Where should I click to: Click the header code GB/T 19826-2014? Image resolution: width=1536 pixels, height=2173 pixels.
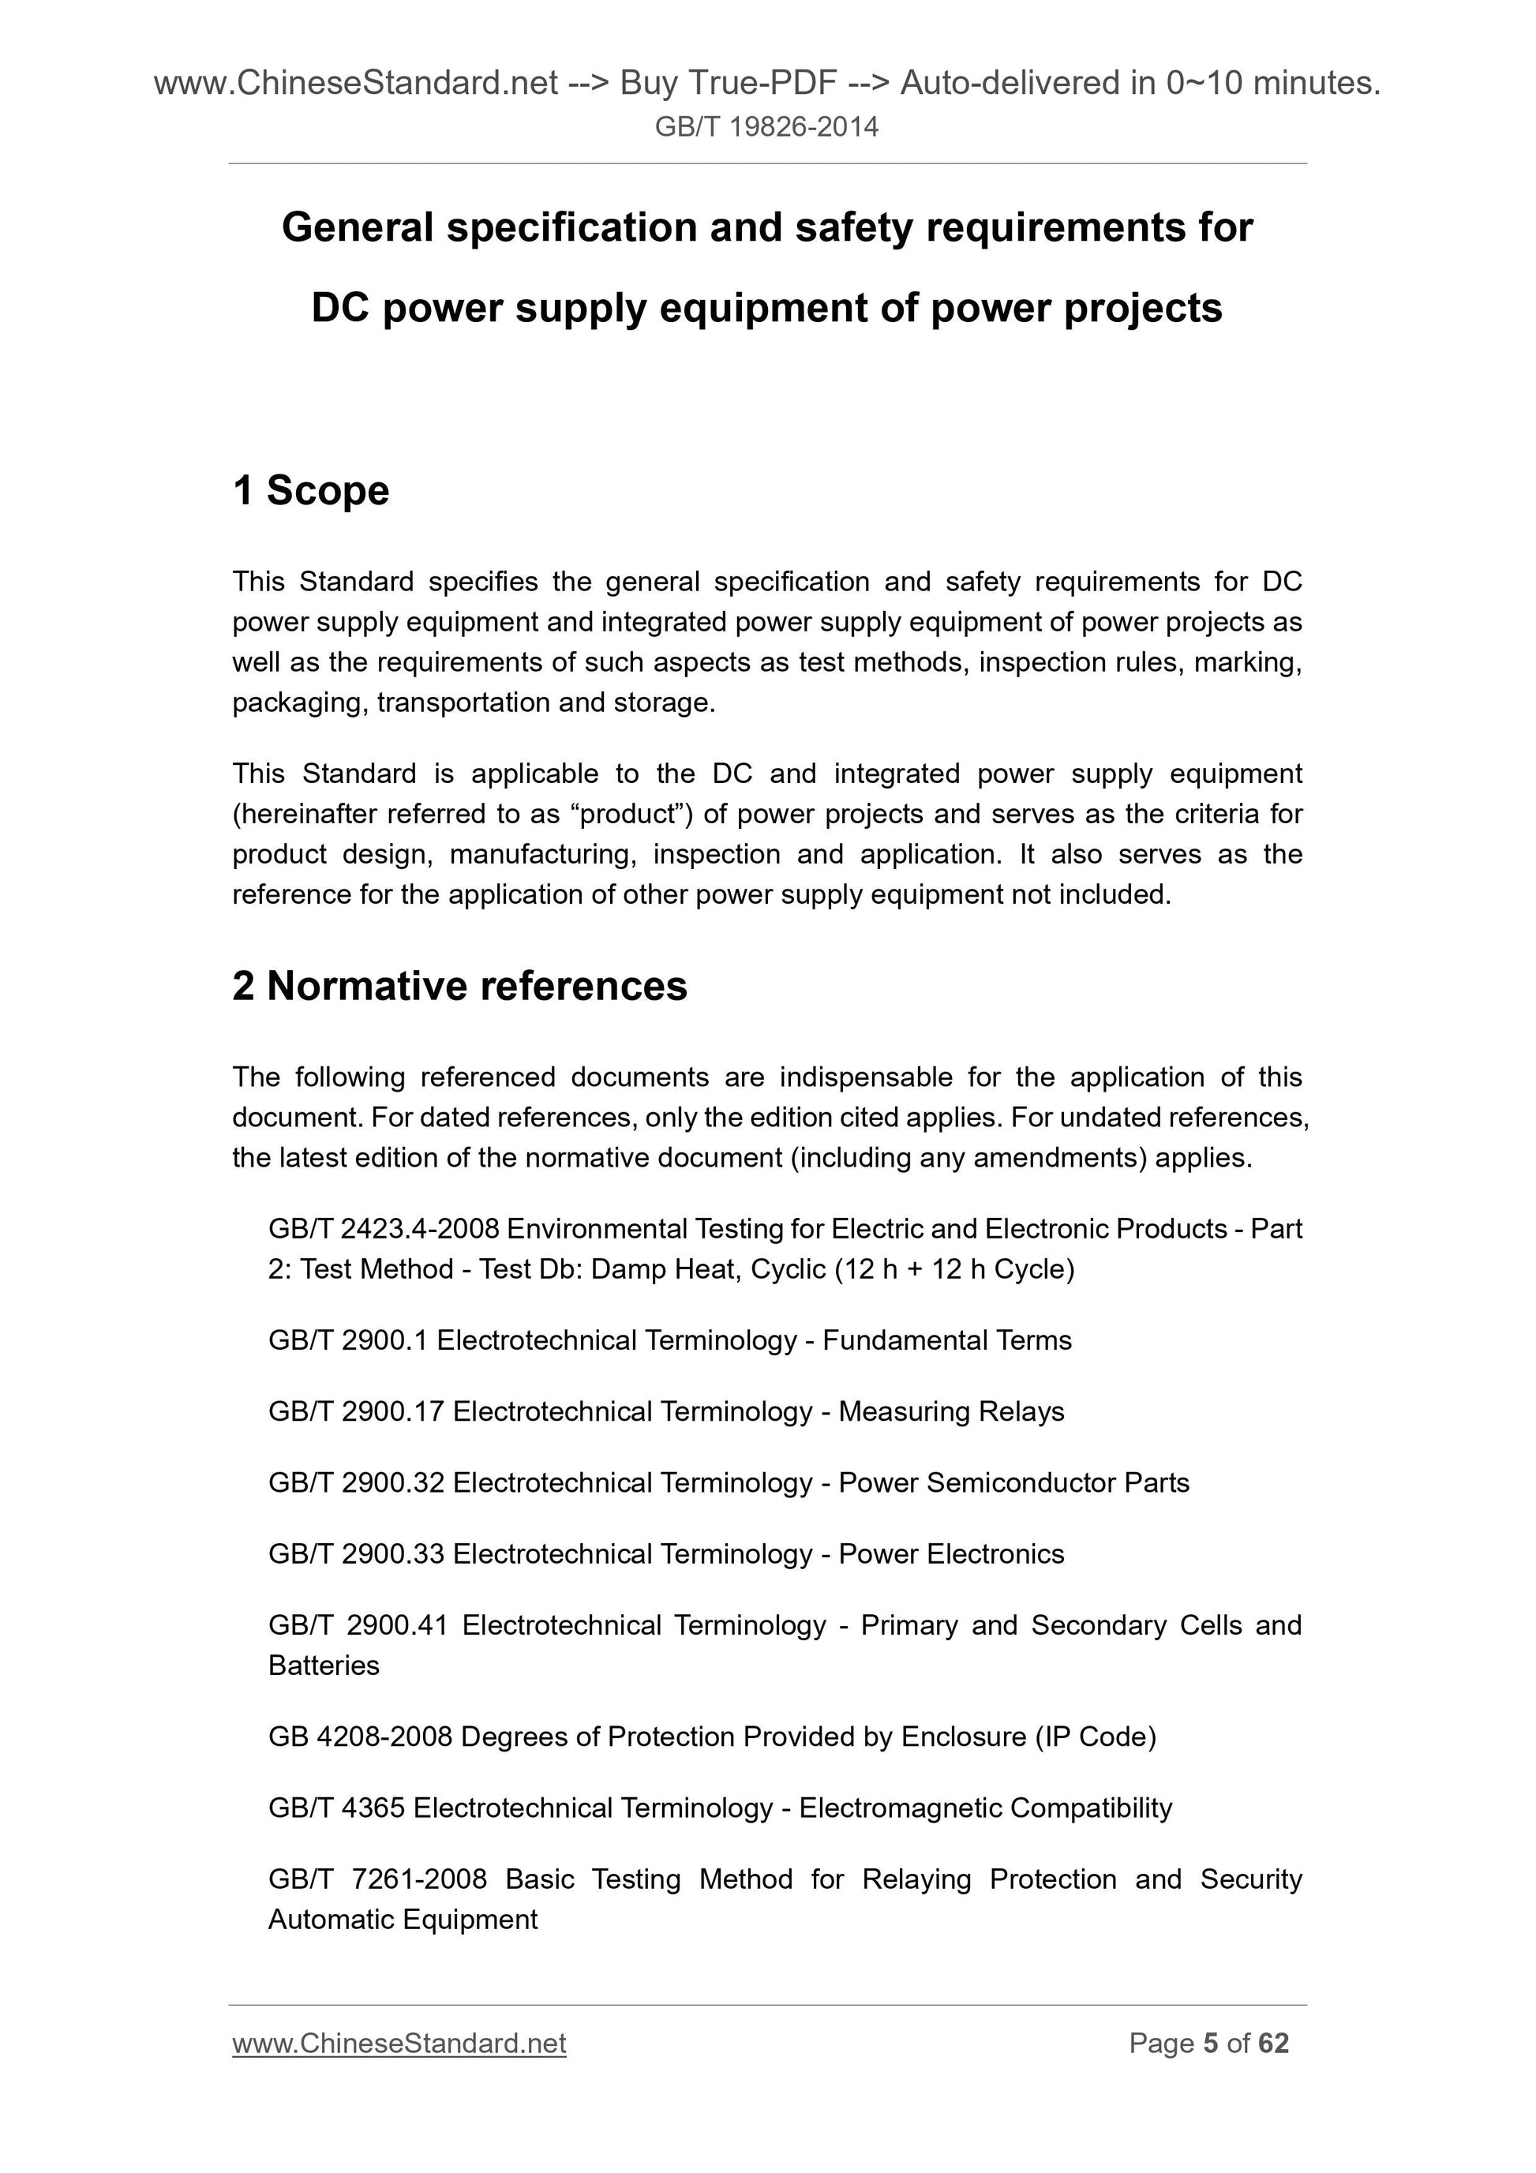(766, 127)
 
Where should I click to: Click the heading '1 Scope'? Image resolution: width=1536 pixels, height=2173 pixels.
(310, 490)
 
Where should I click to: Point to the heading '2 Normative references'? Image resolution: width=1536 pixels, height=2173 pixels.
(459, 986)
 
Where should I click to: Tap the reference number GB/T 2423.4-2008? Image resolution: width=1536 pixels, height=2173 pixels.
(384, 1228)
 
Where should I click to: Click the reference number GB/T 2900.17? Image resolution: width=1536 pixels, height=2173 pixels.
(356, 1411)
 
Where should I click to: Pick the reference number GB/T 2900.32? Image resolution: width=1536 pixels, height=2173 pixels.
(356, 1482)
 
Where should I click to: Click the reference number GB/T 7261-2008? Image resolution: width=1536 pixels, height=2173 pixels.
(377, 1879)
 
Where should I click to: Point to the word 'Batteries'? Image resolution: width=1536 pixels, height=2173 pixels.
(324, 1665)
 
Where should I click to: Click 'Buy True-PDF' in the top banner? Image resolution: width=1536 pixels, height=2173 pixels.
(728, 84)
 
